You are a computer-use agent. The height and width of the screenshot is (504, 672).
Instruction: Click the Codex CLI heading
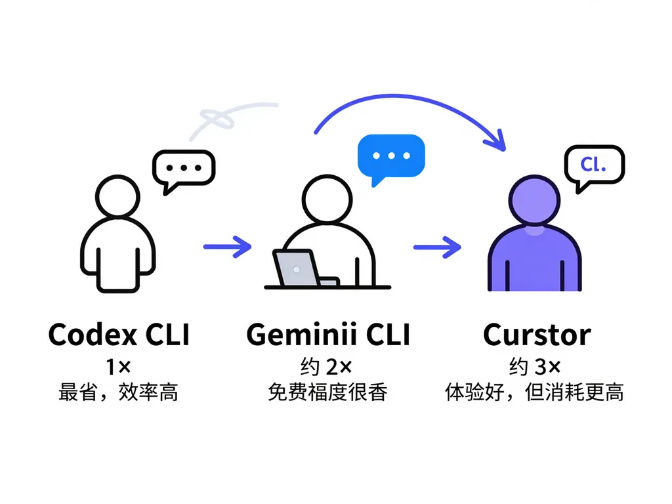[119, 334]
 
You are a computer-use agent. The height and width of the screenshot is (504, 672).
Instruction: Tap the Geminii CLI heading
[328, 334]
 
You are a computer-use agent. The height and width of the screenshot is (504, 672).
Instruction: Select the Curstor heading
[537, 334]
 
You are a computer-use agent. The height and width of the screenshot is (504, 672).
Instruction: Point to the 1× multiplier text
[118, 367]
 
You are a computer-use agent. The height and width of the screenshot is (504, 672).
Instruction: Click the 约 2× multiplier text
[327, 367]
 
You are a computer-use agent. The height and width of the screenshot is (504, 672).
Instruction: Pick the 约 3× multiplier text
[535, 367]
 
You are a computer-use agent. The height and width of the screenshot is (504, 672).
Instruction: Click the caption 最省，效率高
[118, 392]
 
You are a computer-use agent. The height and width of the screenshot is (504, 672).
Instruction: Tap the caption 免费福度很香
[328, 392]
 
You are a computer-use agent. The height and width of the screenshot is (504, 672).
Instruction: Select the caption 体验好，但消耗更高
[534, 392]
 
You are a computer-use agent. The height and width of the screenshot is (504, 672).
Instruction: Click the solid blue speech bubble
[391, 157]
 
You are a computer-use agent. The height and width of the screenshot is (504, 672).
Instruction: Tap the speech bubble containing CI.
[595, 166]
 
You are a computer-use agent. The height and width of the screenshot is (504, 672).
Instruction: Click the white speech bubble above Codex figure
[184, 169]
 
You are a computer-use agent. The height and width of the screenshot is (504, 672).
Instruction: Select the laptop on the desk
[306, 268]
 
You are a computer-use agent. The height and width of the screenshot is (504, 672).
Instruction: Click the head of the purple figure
[534, 199]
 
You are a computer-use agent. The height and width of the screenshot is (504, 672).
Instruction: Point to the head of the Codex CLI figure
[118, 197]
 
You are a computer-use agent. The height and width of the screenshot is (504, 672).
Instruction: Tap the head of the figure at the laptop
[327, 199]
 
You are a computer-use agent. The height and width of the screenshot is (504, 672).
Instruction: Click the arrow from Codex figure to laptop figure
[227, 247]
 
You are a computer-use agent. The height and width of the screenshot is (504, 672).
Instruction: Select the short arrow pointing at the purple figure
[437, 247]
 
